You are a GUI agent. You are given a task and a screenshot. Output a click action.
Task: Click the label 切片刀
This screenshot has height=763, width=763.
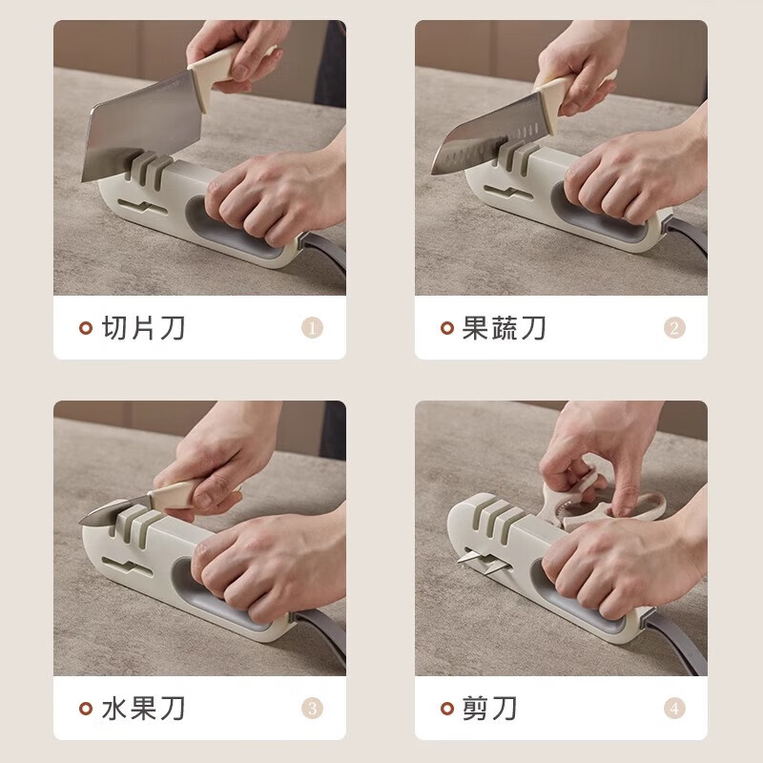pyautogui.click(x=144, y=328)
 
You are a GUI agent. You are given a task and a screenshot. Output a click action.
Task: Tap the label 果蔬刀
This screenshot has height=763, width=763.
pyautogui.click(x=505, y=328)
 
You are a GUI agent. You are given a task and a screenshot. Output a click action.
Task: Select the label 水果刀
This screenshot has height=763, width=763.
pyautogui.click(x=144, y=709)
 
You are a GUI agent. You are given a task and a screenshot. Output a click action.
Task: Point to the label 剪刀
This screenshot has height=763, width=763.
pyautogui.click(x=490, y=709)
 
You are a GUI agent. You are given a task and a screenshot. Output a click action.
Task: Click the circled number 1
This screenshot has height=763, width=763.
pyautogui.click(x=312, y=328)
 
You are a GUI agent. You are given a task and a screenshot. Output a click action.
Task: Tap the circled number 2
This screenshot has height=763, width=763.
pyautogui.click(x=674, y=328)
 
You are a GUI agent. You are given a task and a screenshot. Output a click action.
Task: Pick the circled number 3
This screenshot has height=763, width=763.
pyautogui.click(x=312, y=709)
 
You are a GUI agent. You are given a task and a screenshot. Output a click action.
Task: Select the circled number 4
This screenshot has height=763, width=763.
pyautogui.click(x=674, y=709)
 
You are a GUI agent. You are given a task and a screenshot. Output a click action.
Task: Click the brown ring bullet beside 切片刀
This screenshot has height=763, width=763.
pyautogui.click(x=86, y=329)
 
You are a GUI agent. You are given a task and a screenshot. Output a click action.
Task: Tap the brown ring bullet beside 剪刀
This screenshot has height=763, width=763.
pyautogui.click(x=447, y=709)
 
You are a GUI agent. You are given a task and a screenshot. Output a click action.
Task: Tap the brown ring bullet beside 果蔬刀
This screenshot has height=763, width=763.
pyautogui.click(x=447, y=329)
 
